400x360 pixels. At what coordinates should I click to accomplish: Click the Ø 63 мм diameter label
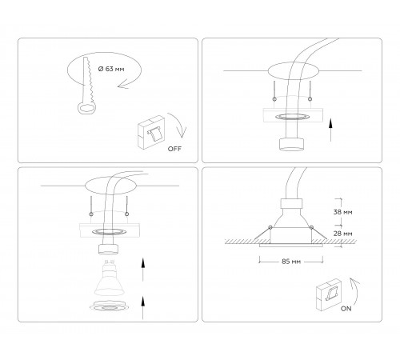(111, 69)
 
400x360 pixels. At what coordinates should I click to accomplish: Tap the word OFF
(174, 149)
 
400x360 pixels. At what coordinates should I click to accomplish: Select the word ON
(346, 309)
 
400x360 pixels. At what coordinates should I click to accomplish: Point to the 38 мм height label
(342, 212)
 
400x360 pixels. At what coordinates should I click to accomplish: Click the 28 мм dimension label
(342, 234)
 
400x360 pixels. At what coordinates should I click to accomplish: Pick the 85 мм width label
(291, 262)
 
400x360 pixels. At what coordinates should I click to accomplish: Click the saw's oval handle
(86, 109)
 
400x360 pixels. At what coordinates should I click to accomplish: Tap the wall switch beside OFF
(151, 131)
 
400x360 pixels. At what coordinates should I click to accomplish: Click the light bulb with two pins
(110, 278)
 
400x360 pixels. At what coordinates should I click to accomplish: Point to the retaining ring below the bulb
(109, 306)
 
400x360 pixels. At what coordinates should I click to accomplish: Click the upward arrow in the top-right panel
(330, 130)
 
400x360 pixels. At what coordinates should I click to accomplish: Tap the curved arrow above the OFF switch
(178, 124)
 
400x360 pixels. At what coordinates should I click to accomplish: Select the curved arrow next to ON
(356, 291)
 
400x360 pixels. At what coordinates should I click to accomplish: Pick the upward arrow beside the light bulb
(143, 270)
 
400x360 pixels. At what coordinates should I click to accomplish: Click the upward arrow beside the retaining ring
(143, 307)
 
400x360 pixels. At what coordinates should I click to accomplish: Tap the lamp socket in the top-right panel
(291, 144)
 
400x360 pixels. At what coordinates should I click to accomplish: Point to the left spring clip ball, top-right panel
(274, 99)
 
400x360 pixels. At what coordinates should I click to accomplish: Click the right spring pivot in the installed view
(311, 227)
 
